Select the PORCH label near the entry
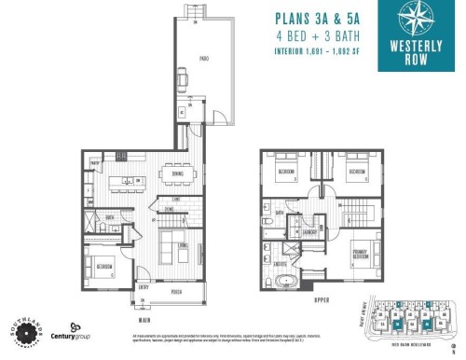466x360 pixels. tap(177, 291)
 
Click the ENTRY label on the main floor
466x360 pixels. tap(144, 287)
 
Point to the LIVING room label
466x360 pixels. tap(184, 245)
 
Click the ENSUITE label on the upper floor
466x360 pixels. tap(280, 264)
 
